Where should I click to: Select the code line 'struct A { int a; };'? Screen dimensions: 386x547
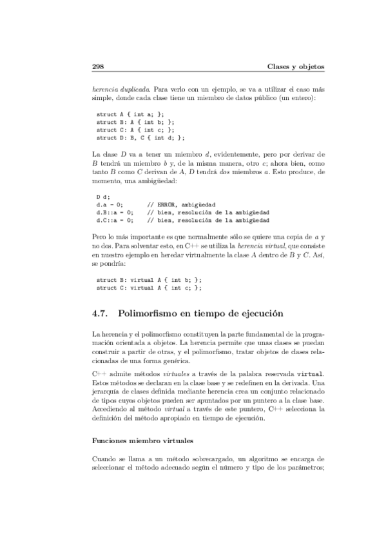coord(135,113)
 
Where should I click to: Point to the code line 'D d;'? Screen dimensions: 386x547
coord(103,196)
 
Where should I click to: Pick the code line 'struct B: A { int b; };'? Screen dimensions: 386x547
coord(135,121)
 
